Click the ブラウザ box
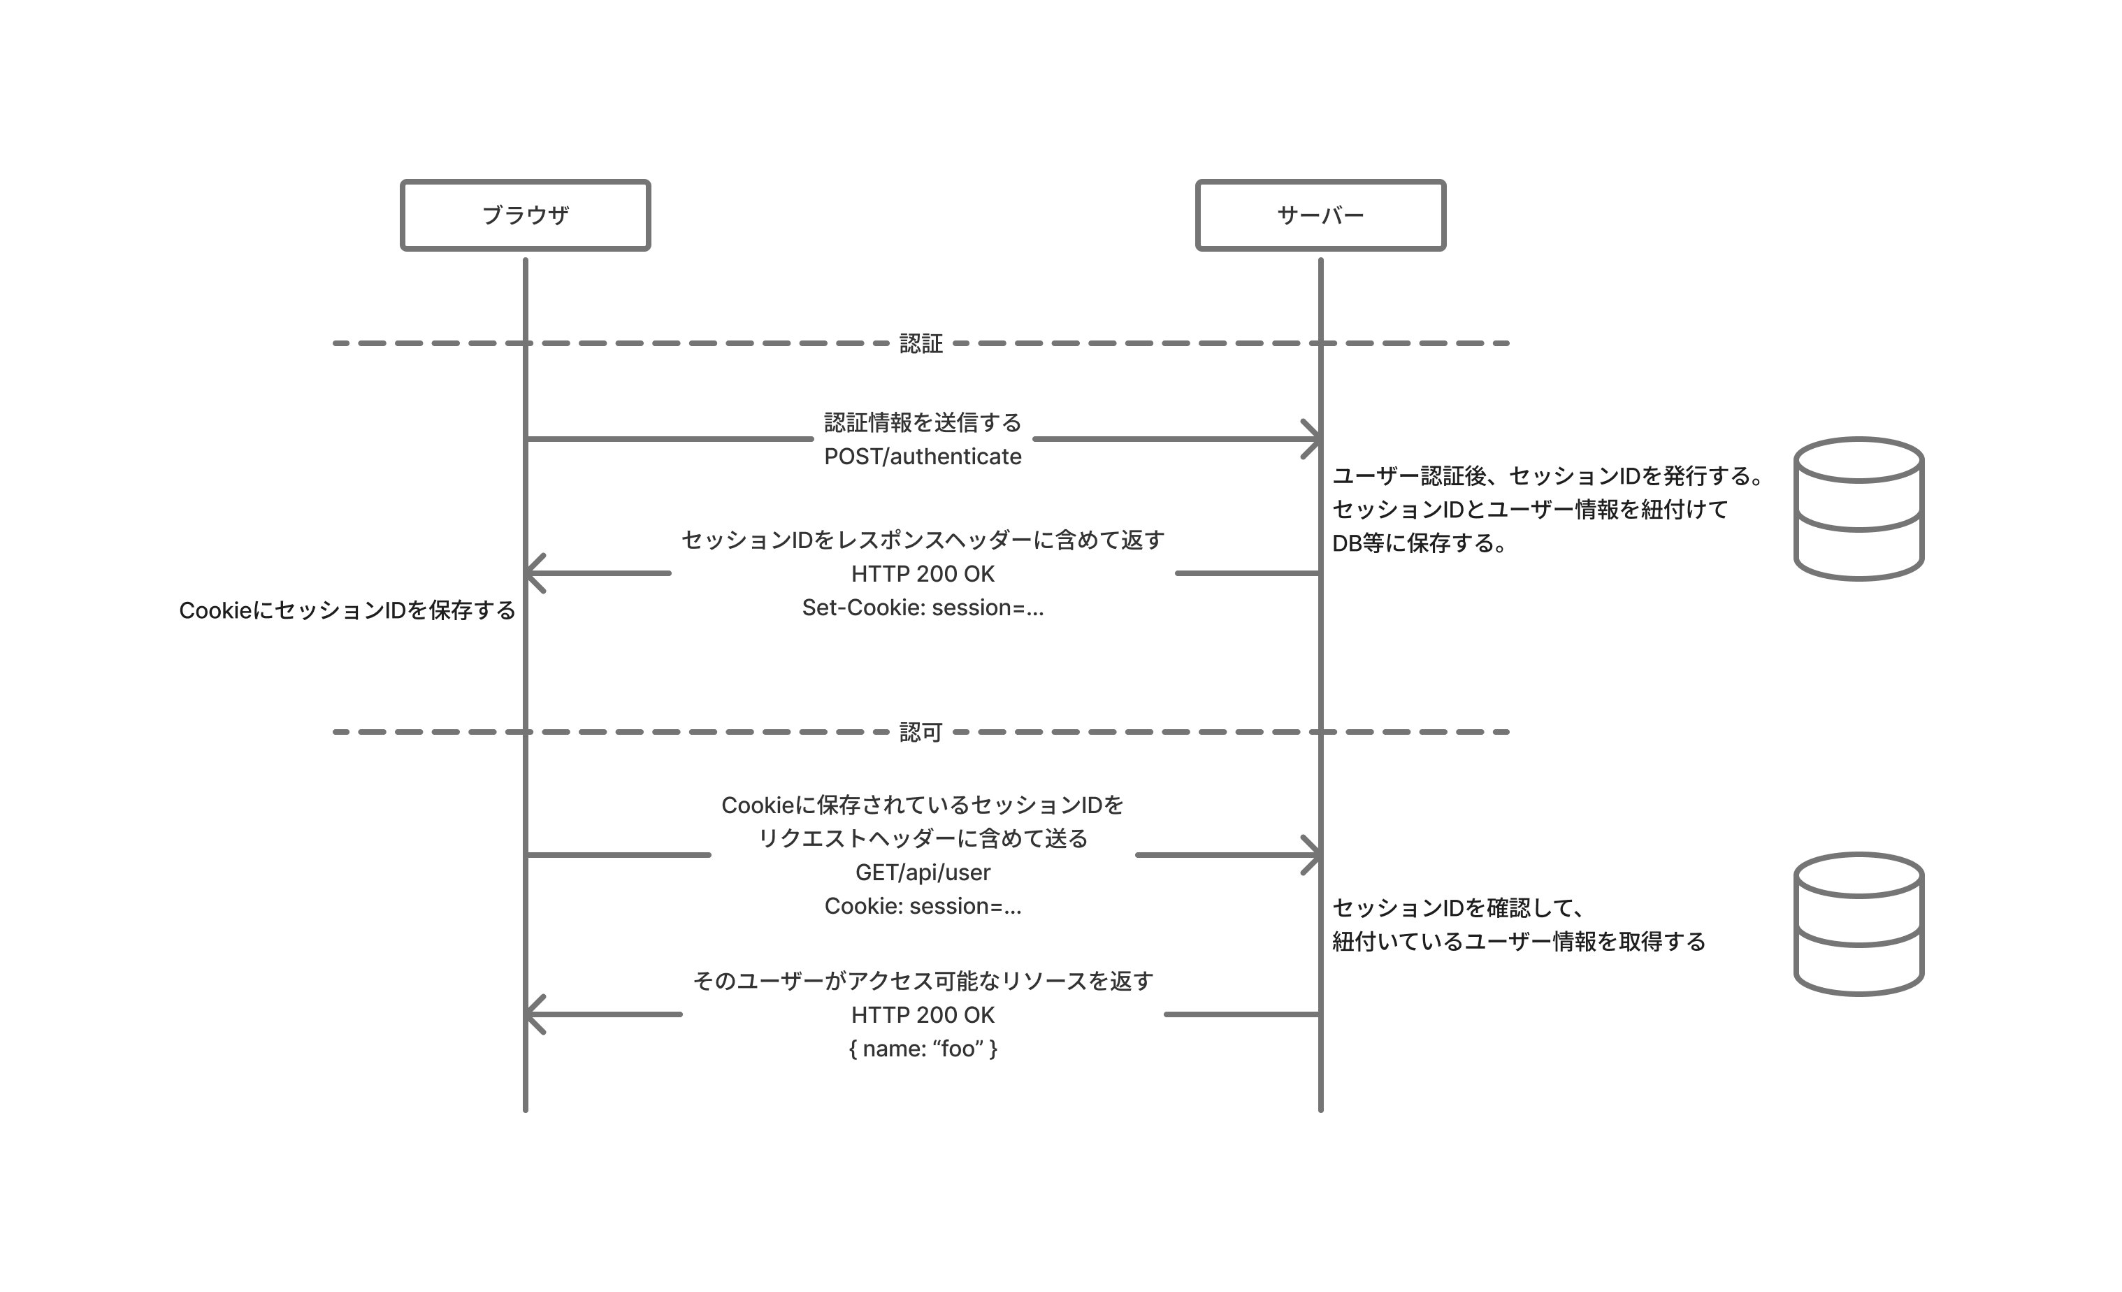(526, 215)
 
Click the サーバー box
(1320, 215)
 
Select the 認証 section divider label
(921, 344)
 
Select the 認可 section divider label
(921, 732)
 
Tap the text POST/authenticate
(923, 457)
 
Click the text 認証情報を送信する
(923, 422)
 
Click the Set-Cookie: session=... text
(923, 608)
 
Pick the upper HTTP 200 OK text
(923, 574)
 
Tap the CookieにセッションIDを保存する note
(347, 610)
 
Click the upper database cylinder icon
(1858, 508)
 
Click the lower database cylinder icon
(1858, 924)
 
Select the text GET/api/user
(923, 873)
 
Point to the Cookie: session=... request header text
(923, 906)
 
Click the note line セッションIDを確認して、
(1458, 908)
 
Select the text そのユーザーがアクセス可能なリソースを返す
(923, 981)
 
